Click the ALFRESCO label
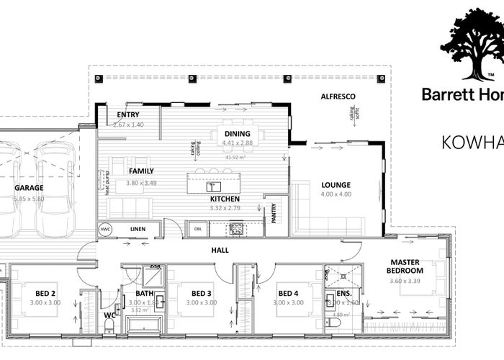click(339, 96)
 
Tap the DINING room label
click(237, 133)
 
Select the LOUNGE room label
click(336, 185)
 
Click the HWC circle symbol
click(106, 229)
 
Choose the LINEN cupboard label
click(140, 229)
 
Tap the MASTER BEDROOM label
click(405, 266)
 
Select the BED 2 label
click(45, 293)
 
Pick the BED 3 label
click(202, 293)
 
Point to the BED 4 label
click(287, 293)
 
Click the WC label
click(109, 315)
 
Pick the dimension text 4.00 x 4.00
click(336, 194)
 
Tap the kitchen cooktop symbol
click(235, 229)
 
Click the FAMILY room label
click(141, 171)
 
